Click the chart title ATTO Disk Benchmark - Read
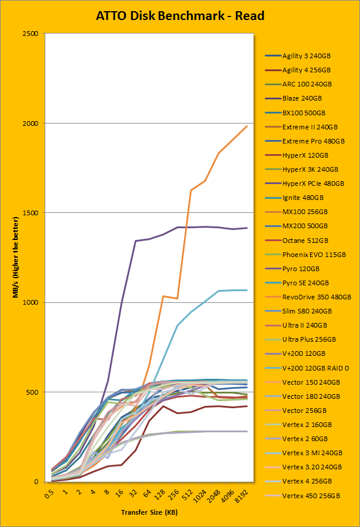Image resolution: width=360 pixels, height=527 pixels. pos(180,15)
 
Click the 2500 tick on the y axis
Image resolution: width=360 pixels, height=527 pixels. pos(31,34)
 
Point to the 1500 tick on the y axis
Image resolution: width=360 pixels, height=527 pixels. pos(31,213)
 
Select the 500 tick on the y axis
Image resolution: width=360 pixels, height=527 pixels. pos(32,392)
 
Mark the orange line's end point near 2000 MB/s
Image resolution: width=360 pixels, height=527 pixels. pos(246,126)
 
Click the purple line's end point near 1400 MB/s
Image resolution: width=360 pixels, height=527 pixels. pos(246,228)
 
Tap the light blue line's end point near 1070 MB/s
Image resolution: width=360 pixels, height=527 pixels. pos(246,290)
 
